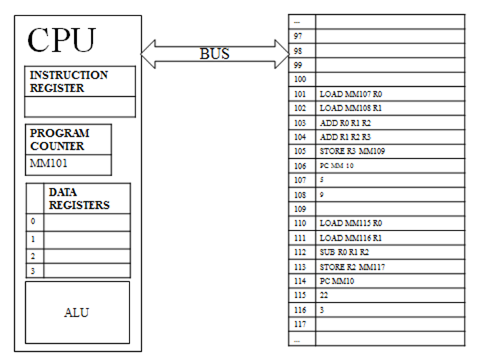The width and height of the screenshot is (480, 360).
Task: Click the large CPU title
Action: pos(62,41)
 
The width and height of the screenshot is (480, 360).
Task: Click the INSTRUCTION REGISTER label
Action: pos(68,81)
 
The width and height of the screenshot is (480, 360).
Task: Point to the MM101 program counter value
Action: pos(49,164)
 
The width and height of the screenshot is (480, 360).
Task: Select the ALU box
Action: pos(77,313)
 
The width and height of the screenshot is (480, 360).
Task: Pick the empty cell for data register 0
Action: pos(87,222)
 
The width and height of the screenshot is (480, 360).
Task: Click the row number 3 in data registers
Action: pos(33,271)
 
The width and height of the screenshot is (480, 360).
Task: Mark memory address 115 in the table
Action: pos(301,296)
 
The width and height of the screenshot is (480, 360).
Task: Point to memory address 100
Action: pos(301,79)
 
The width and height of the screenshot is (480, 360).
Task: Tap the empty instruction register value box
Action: pos(80,106)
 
